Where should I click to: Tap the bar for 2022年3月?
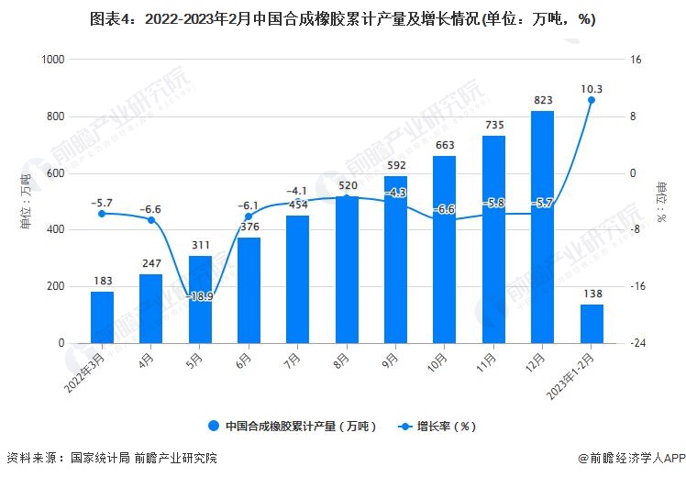click(102, 317)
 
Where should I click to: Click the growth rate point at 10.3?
click(592, 100)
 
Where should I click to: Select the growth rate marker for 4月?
click(151, 220)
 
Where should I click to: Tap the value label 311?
click(200, 245)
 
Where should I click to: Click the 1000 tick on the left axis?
click(52, 60)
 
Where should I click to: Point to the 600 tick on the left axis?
click(55, 173)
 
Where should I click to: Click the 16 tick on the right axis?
click(635, 60)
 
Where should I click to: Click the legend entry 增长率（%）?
click(437, 426)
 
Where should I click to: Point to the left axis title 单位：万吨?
click(25, 201)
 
